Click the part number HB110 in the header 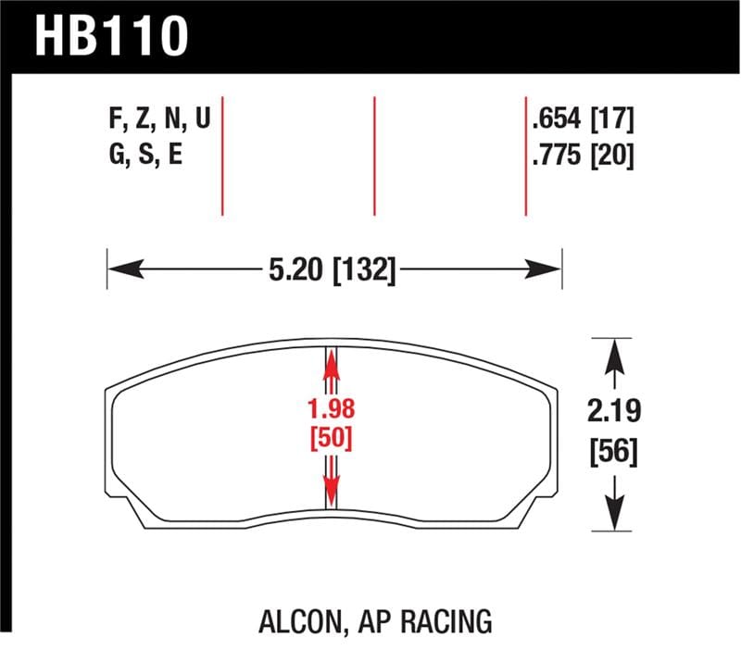click(112, 36)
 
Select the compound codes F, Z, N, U click(159, 119)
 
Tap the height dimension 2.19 click(611, 410)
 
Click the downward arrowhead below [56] click(611, 519)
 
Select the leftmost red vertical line click(223, 155)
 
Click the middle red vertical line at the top click(375, 155)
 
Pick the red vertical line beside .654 click(525, 155)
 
